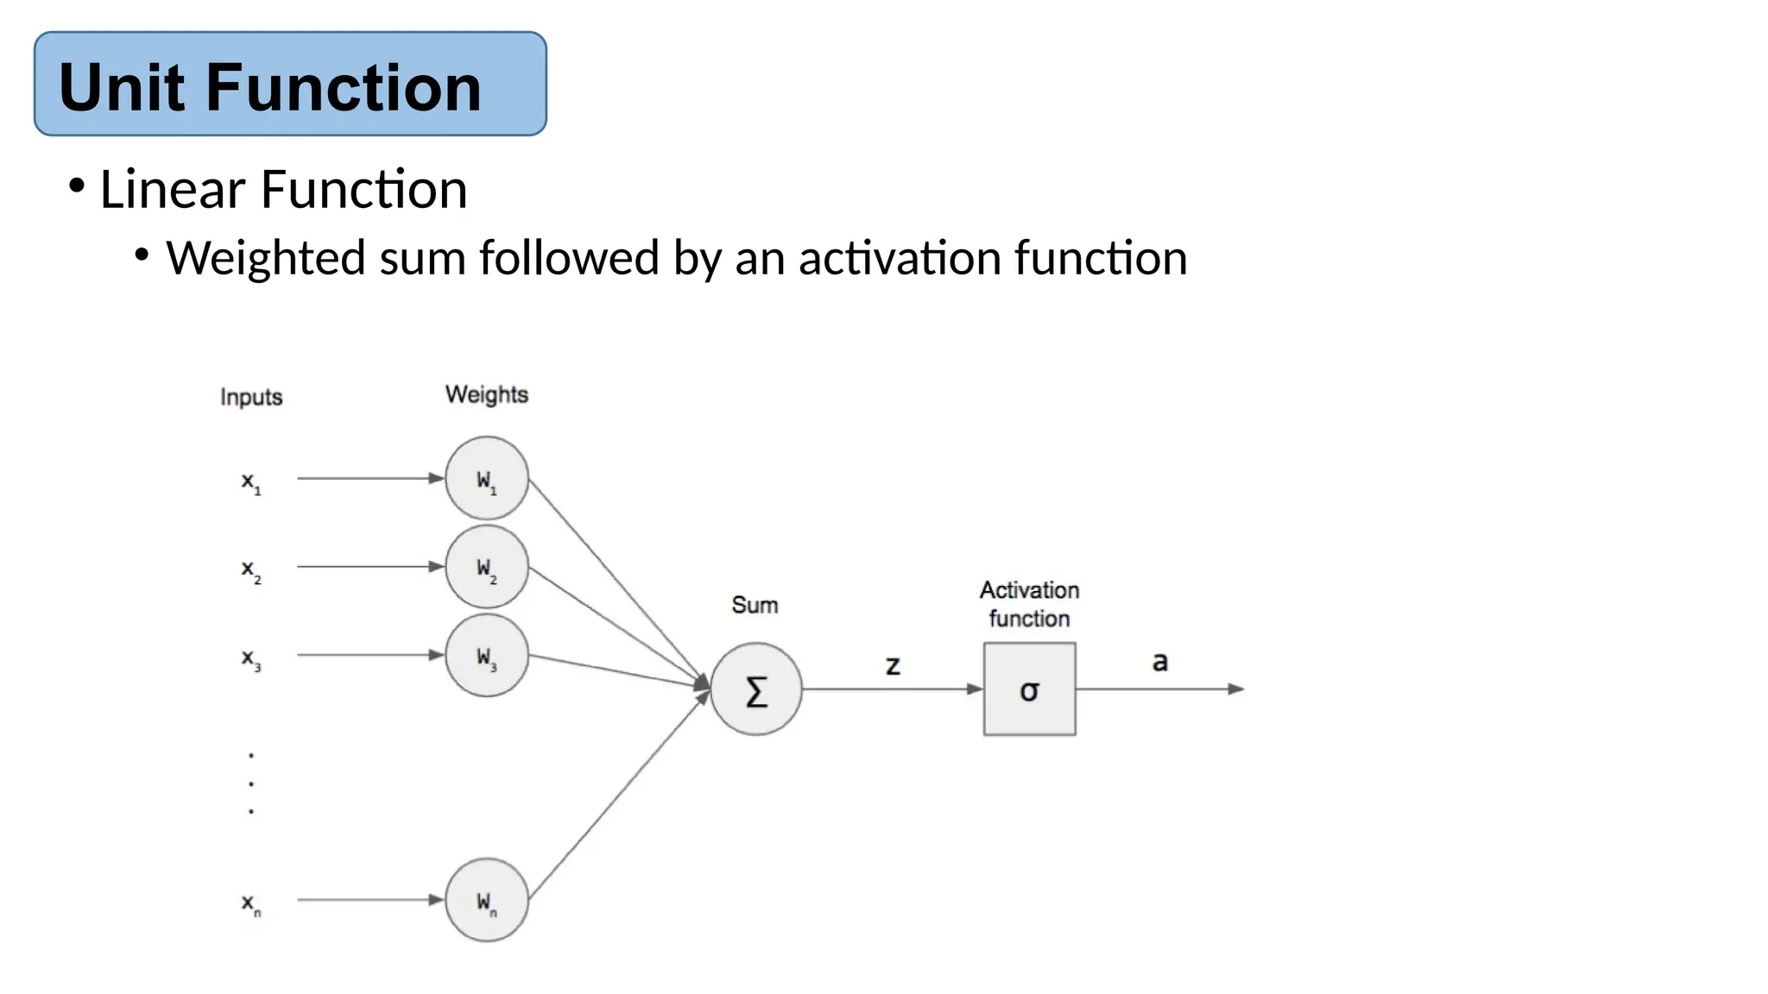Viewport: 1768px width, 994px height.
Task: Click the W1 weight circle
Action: pos(486,478)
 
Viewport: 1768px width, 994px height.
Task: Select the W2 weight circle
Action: pos(486,567)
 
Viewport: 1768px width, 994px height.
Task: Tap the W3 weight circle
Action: pos(486,656)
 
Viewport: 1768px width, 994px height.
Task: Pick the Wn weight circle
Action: pos(486,900)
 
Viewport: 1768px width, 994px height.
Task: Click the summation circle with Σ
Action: pos(756,689)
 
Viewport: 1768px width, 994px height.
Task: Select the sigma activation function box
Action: pos(1029,689)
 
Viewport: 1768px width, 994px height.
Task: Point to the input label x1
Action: pos(250,482)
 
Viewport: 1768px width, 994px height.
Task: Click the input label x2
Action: pos(250,570)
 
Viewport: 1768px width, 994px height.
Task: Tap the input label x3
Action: pos(250,659)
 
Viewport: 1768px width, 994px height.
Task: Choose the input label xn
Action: pos(250,903)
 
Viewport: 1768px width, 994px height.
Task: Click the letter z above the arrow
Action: pos(893,665)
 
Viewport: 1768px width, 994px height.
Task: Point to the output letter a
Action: pos(1159,662)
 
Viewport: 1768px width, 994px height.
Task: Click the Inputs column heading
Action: pos(251,397)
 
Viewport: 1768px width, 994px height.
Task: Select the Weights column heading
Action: pos(486,394)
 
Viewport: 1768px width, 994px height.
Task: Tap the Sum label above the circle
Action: pos(755,605)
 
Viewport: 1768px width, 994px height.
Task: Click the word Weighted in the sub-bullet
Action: pos(266,258)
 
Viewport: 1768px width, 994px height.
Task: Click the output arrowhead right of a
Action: pos(1235,689)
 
